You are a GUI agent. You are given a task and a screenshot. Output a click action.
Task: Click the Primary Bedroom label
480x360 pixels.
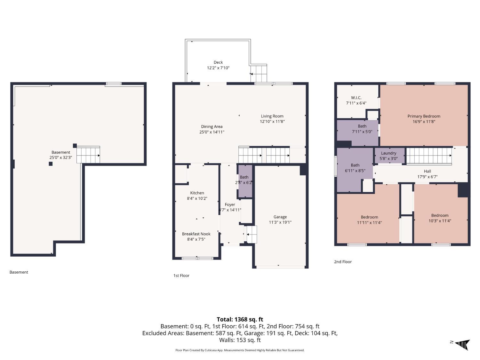point(424,116)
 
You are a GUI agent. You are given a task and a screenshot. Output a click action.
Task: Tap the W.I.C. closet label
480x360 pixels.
point(356,98)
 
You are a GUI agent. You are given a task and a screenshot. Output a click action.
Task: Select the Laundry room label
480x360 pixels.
point(388,153)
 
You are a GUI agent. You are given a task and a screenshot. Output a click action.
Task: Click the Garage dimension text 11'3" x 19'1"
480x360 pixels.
point(280,222)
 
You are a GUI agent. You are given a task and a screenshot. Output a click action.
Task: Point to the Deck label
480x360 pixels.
point(218,62)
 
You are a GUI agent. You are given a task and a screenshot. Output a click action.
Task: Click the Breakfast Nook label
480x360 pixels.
point(196,234)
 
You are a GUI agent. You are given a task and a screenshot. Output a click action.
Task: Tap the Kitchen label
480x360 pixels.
point(197,193)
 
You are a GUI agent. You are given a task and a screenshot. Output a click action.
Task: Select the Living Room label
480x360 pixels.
point(272,116)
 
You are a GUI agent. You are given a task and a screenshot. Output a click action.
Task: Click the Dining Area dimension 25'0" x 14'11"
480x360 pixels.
point(212,132)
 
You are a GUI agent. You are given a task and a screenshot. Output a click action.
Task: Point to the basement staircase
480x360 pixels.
point(88,155)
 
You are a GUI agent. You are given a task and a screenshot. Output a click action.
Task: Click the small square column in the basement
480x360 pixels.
point(51,164)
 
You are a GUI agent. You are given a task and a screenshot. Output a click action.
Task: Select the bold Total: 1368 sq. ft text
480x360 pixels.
point(240,319)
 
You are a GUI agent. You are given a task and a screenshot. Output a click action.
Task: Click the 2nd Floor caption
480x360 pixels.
point(343,262)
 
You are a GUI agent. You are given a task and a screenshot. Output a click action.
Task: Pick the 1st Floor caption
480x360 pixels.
point(181,276)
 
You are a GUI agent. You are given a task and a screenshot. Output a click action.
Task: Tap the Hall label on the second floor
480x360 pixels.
point(427,171)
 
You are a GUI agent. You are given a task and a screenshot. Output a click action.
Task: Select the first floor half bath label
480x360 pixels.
point(244,177)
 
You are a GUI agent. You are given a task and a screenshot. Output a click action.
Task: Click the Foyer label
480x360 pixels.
point(230,204)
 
